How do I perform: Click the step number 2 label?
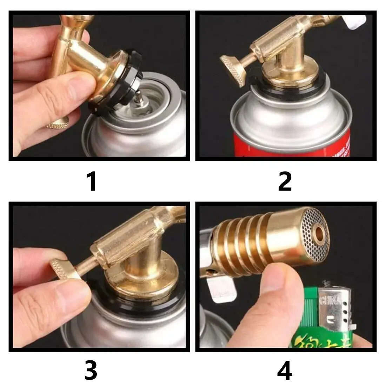pos(285,181)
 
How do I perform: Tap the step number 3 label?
pos(91,371)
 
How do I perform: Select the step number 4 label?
pos(285,371)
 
